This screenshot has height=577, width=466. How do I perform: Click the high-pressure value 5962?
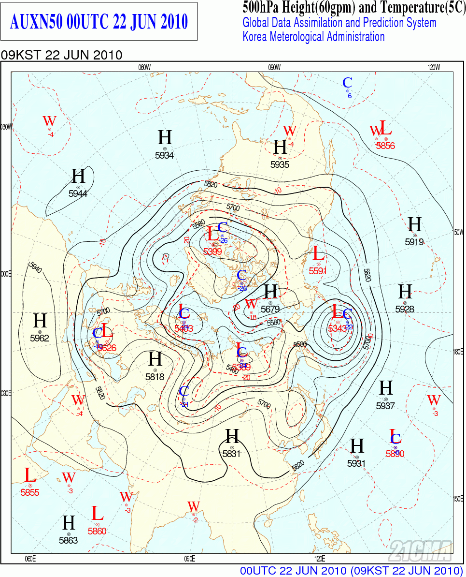pos(40,338)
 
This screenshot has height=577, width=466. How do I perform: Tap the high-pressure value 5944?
pos(78,193)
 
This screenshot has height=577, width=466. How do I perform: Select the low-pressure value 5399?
pos(212,252)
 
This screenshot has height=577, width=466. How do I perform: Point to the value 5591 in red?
pos(318,271)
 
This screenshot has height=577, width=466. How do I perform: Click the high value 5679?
pos(270,310)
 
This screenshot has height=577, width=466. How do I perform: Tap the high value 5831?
pos(232,454)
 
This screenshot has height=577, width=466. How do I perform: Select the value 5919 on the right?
pos(414,242)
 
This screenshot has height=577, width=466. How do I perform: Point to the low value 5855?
pos(30,493)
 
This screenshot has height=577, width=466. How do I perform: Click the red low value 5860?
pos(97,531)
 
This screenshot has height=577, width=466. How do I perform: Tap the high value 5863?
pos(69,540)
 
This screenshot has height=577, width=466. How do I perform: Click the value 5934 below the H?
pos(164,155)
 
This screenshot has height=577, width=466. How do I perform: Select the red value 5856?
pos(385,146)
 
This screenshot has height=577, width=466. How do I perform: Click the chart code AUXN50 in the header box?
pos(36,22)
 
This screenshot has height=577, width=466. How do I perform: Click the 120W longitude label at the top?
pos(434,67)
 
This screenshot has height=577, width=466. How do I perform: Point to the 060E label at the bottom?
pos(30,559)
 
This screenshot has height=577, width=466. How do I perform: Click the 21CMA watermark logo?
pos(420,550)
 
